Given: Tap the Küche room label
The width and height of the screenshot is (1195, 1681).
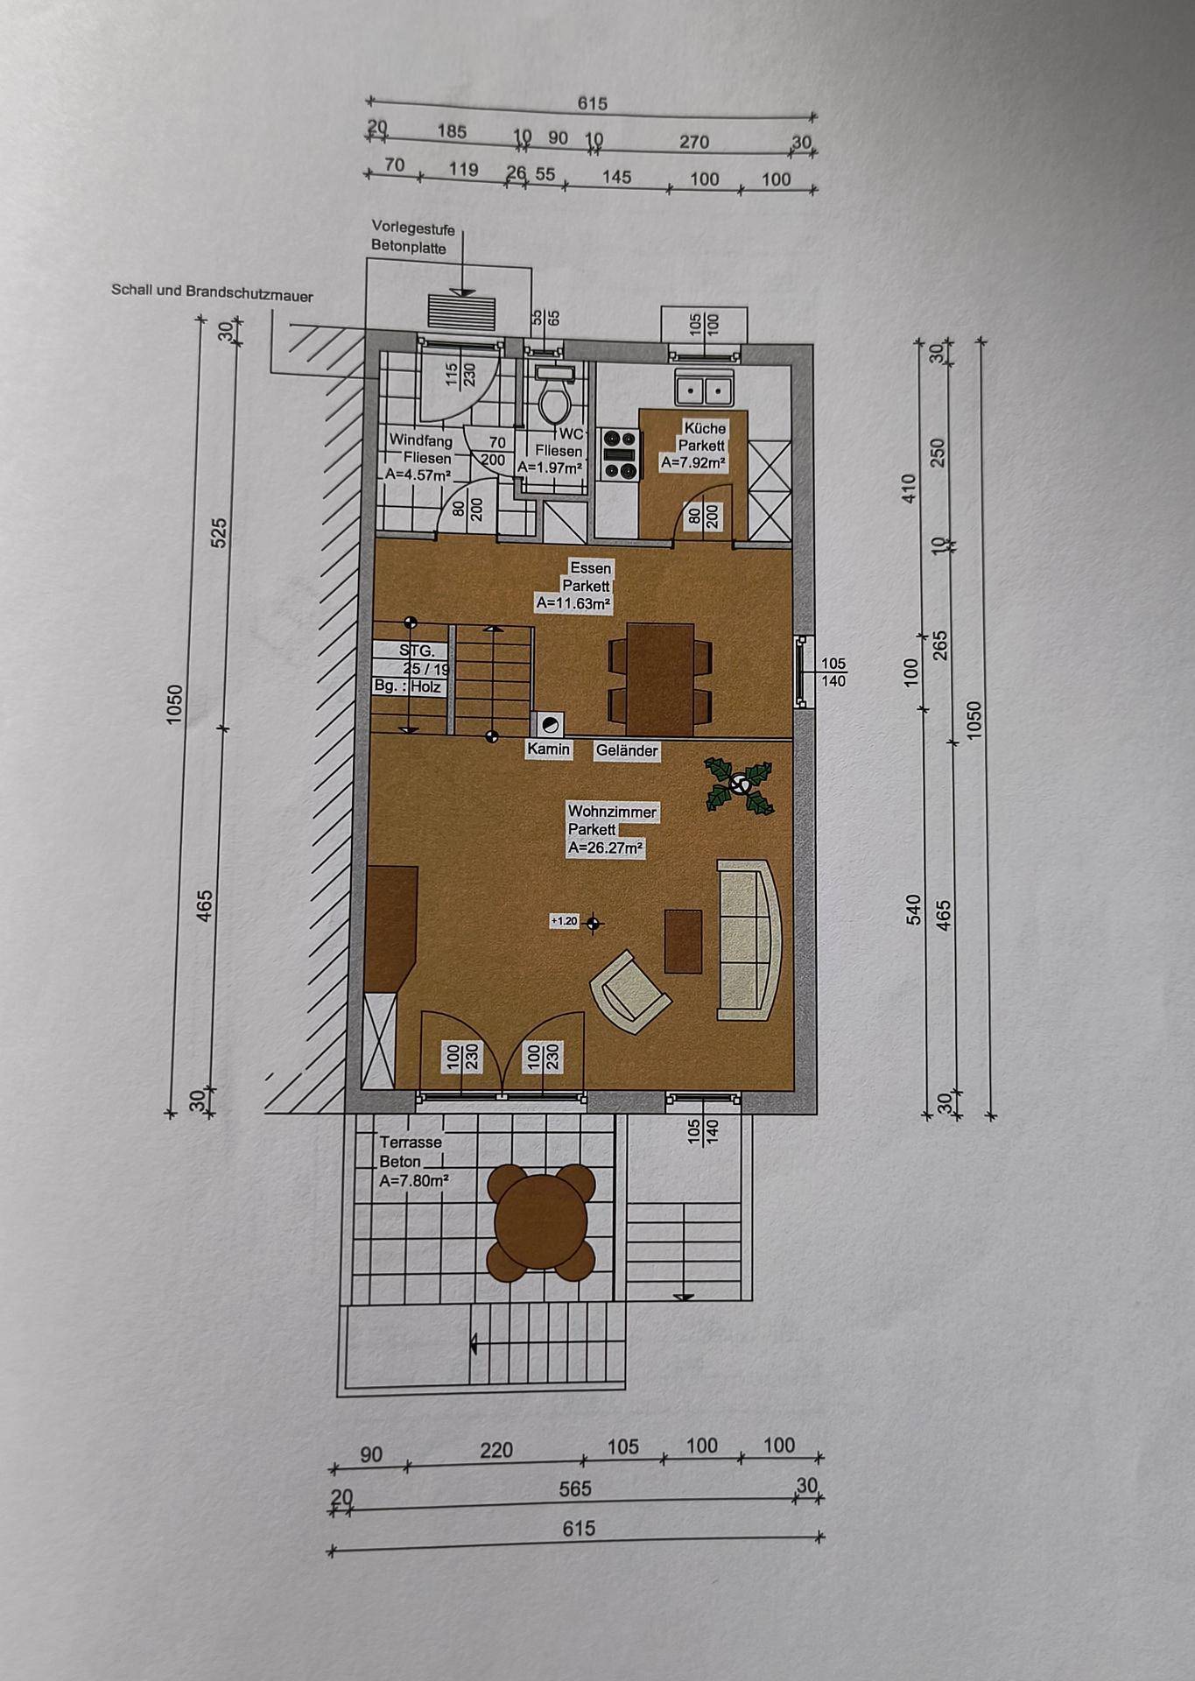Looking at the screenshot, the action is tap(705, 428).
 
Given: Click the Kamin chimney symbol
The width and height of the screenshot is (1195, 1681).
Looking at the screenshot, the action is tap(549, 724).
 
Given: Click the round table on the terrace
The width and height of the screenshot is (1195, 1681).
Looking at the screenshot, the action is tap(540, 1220).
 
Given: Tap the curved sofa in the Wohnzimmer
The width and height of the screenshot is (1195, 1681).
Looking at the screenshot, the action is tap(749, 939).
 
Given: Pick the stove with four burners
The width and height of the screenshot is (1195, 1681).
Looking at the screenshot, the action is tap(620, 454).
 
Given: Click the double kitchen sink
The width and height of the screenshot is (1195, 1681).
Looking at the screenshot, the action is tap(704, 388).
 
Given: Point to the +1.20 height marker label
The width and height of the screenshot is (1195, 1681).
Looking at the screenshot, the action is tap(565, 921).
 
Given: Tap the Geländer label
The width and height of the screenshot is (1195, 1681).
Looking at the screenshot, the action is tap(627, 750).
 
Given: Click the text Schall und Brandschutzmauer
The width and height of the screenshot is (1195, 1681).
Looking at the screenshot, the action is tap(212, 292).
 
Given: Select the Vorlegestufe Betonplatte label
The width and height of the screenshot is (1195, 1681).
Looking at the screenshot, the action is tap(412, 238).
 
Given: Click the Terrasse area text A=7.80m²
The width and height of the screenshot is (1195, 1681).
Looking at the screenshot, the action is tap(414, 1181).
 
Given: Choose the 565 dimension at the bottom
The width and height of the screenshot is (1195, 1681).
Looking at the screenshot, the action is tap(575, 1488).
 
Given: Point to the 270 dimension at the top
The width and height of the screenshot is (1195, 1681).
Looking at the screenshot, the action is tap(694, 142).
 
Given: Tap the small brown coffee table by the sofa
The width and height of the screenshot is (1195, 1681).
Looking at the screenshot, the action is tap(683, 941).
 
